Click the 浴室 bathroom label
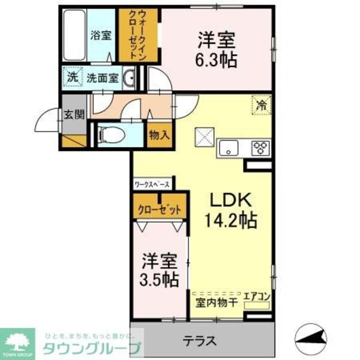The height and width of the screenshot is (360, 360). (101, 35)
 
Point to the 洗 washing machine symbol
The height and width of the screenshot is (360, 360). (72, 77)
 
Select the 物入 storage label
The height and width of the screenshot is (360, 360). (159, 135)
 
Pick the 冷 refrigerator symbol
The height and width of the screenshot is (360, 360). (261, 104)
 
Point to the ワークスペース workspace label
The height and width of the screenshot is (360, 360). (152, 184)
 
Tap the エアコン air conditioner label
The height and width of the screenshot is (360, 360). (257, 297)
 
